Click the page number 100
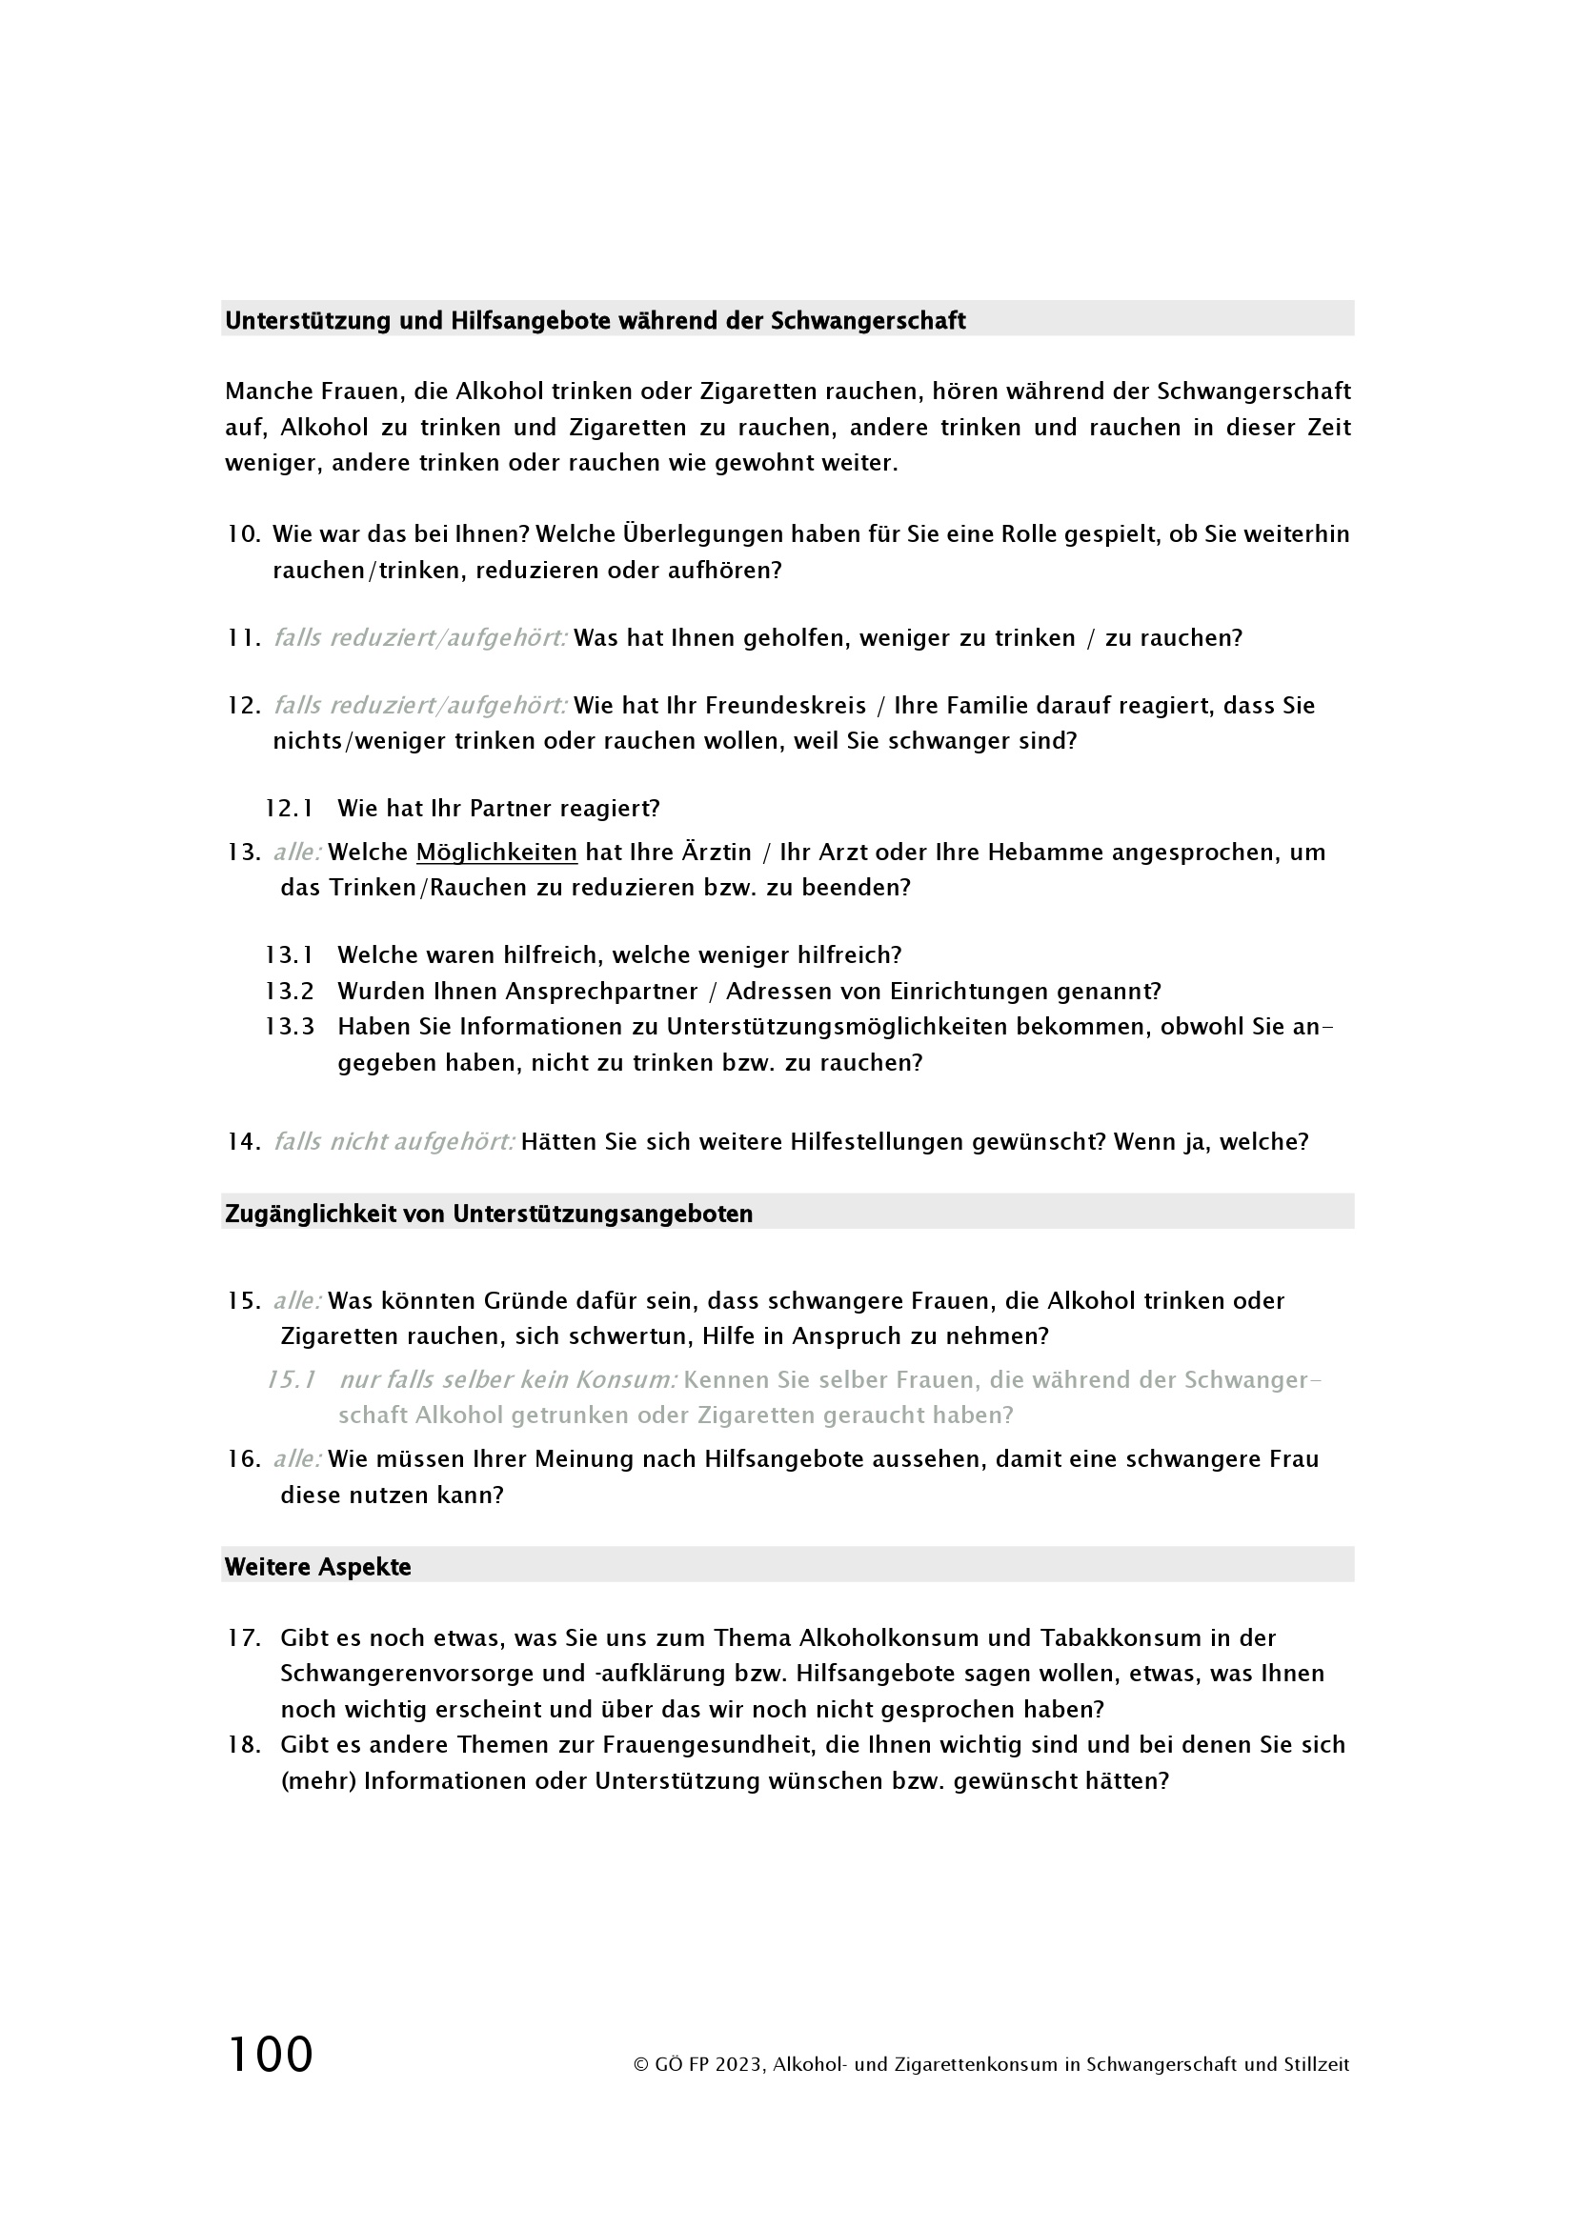[x=270, y=2055]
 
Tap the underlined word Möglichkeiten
[x=495, y=852]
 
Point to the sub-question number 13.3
[x=290, y=1027]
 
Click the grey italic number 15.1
[x=292, y=1380]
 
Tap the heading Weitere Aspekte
[x=317, y=1567]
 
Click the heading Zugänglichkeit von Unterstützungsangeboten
[x=488, y=1214]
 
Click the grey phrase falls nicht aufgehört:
[x=394, y=1142]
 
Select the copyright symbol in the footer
[x=640, y=2065]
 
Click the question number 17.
[x=245, y=1638]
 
